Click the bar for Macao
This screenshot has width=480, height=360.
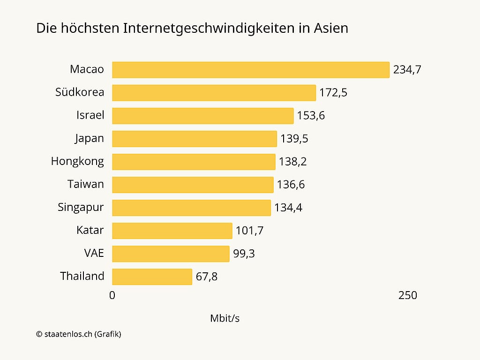tap(251, 70)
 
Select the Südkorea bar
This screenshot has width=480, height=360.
tap(214, 93)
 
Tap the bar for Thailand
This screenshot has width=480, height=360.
tap(152, 277)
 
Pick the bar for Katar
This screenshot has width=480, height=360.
tap(172, 231)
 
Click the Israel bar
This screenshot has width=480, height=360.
tap(202, 116)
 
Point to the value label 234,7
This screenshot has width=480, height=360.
tap(407, 70)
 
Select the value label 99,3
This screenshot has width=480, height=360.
tap(244, 254)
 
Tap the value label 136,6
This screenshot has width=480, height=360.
tap(291, 185)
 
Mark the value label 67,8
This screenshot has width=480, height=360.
tap(207, 277)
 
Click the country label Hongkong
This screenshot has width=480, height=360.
tap(77, 162)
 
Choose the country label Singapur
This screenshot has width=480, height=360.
tap(81, 207)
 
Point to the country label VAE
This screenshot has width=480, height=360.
tap(94, 253)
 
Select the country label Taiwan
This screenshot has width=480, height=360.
tap(85, 184)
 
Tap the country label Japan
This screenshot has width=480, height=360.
tap(89, 139)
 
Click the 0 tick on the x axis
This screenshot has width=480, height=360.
tap(112, 295)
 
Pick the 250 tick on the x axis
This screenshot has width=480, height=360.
tap(407, 295)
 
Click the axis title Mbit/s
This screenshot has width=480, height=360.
tap(225, 318)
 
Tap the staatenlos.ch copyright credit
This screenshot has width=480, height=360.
tap(78, 334)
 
